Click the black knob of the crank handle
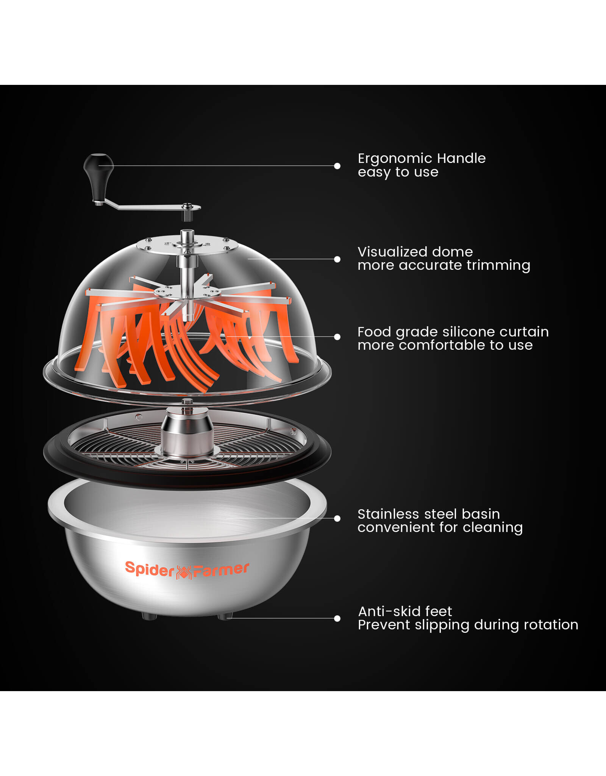pyautogui.click(x=98, y=177)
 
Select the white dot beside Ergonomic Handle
pyautogui.click(x=337, y=166)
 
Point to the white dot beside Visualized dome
pyautogui.click(x=337, y=259)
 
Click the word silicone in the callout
pyautogui.click(x=469, y=332)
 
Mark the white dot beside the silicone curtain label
pyautogui.click(x=337, y=337)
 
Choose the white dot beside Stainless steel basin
pyautogui.click(x=337, y=519)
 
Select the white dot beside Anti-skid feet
pyautogui.click(x=337, y=618)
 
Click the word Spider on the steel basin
pyautogui.click(x=150, y=569)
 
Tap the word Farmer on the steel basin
pyautogui.click(x=221, y=570)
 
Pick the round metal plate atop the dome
pyautogui.click(x=187, y=245)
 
